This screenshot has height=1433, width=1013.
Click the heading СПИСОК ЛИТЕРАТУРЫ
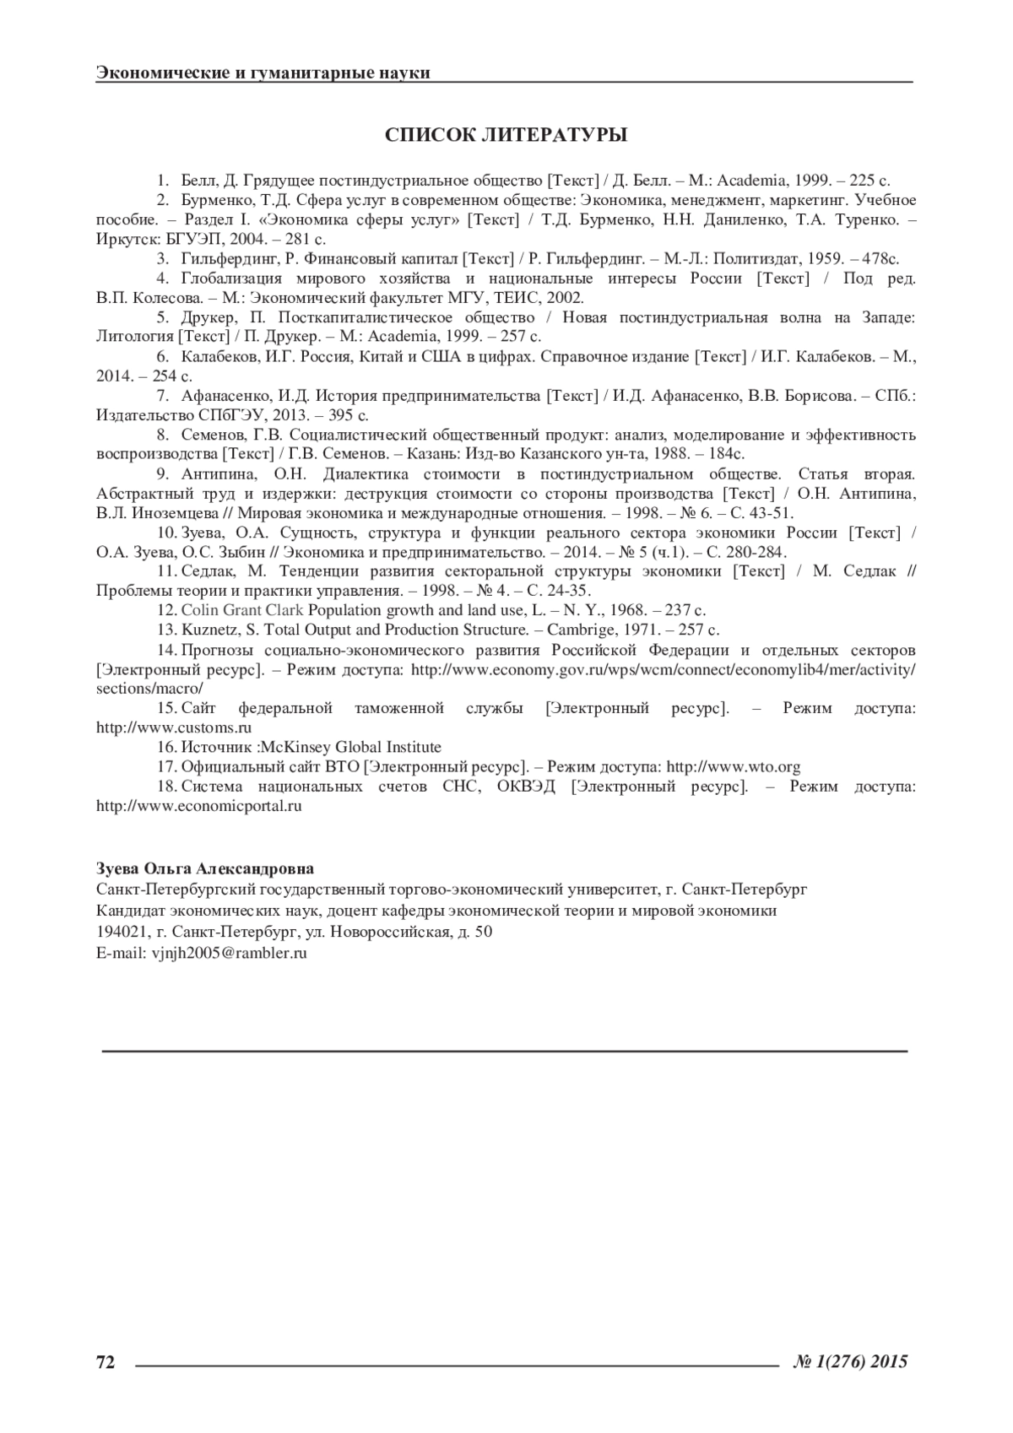(x=506, y=136)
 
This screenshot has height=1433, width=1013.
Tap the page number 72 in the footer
(x=106, y=1361)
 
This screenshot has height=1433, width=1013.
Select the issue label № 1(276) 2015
(x=850, y=1361)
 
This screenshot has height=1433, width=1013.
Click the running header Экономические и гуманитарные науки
(x=263, y=73)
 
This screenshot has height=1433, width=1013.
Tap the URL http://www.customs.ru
(x=175, y=727)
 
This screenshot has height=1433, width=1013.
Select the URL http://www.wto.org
(x=734, y=767)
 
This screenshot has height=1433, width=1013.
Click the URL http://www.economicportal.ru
(x=199, y=806)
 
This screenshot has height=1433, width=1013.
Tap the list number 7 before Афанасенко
(x=160, y=396)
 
